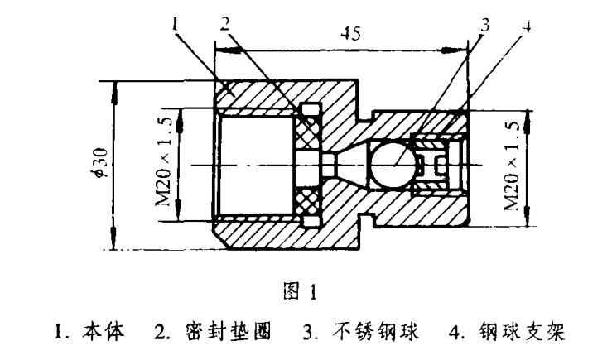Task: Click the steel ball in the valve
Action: point(394,165)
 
